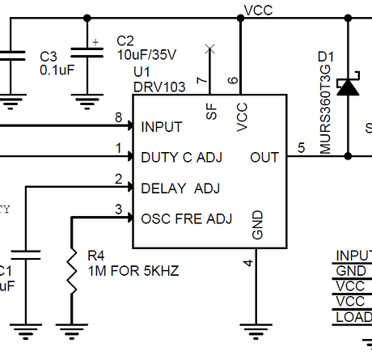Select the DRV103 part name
158,87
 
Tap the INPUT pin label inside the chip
161,127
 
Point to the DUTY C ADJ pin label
181,157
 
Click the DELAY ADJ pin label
179,188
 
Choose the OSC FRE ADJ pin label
186,218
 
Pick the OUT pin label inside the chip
264,157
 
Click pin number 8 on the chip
119,117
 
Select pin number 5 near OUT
301,147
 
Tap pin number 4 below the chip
248,262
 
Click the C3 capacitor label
49,56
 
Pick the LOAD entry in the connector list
353,316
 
